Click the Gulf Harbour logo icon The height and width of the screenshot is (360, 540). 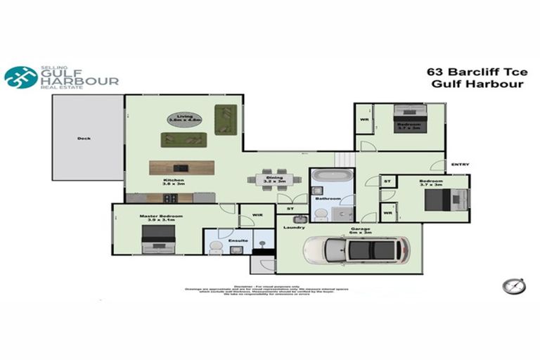tap(21, 77)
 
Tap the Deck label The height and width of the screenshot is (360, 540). tap(84, 139)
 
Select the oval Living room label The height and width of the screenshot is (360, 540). tap(185, 118)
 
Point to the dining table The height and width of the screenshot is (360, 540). tap(274, 179)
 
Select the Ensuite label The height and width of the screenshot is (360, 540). tap(238, 241)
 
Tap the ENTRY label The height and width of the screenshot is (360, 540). tap(460, 165)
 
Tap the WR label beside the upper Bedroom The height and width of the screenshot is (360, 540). tap(364, 120)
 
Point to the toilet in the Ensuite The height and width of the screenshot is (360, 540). tap(217, 246)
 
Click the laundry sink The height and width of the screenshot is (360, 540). tap(299, 217)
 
